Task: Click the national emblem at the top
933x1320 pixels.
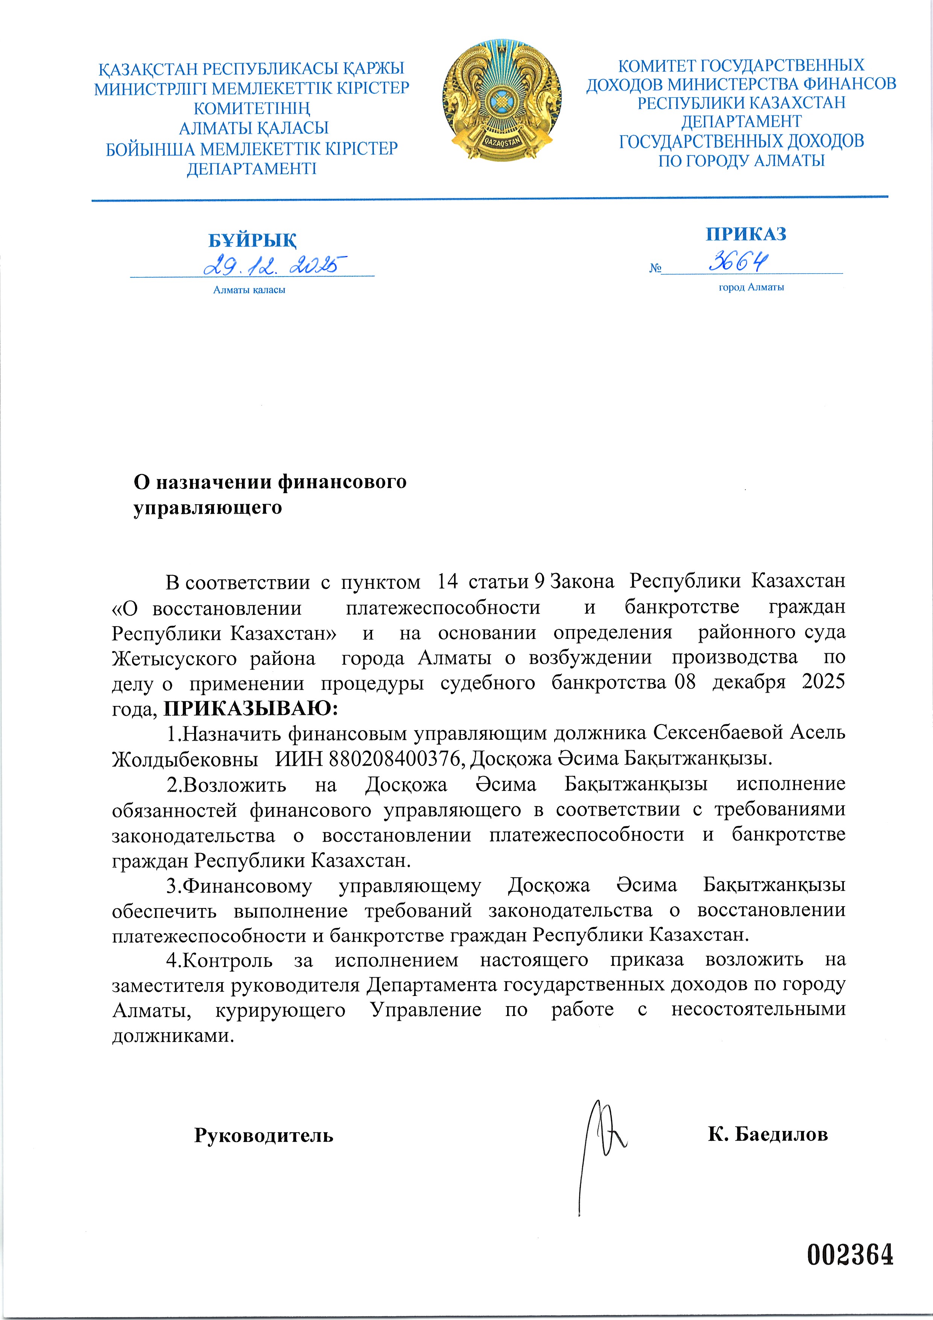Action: [x=502, y=100]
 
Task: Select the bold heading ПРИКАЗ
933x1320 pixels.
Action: [x=746, y=234]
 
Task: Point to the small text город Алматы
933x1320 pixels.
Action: [x=751, y=287]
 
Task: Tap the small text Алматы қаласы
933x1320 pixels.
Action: [x=249, y=290]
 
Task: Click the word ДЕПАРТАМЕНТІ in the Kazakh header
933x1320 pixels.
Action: [x=252, y=169]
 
